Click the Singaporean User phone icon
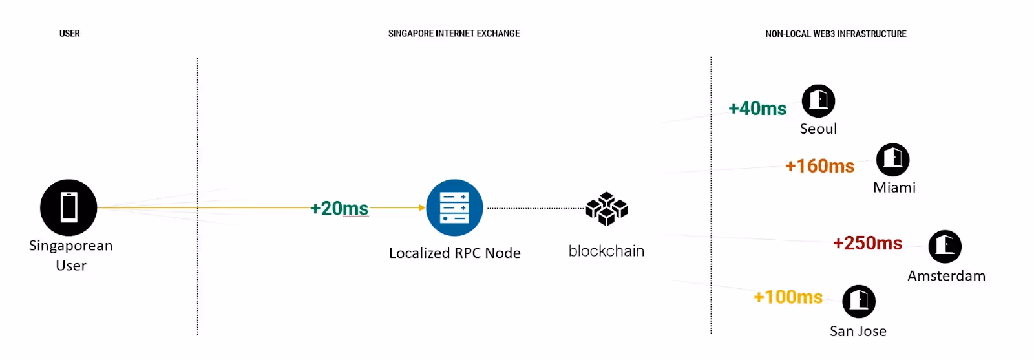point(69,207)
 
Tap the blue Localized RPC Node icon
point(454,207)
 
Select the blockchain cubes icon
point(606,209)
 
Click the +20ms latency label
point(339,208)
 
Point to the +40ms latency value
point(757,109)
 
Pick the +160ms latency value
point(819,166)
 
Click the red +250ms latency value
point(867,243)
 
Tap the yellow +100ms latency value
point(788,297)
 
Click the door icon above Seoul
point(818,101)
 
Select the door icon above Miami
point(892,159)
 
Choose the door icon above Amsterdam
point(945,246)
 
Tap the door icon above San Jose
point(859,301)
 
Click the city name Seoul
point(818,129)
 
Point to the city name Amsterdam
point(946,276)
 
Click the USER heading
point(70,34)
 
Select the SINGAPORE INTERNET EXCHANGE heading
point(454,34)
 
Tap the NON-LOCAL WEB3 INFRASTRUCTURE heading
point(836,34)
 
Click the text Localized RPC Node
point(454,253)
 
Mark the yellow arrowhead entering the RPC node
point(422,207)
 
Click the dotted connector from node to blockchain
point(535,208)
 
